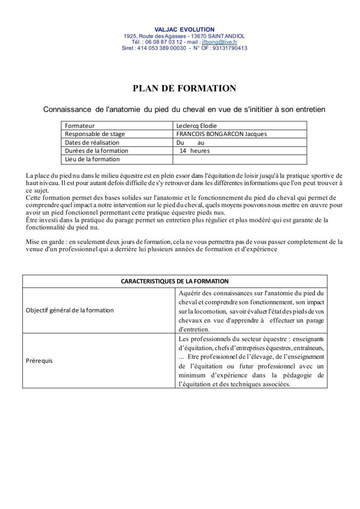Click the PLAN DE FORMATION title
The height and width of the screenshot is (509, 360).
point(184,88)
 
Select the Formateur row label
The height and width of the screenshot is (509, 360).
point(80,126)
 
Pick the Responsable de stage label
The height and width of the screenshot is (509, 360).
point(95,134)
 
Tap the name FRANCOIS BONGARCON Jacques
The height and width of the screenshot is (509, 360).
point(221,134)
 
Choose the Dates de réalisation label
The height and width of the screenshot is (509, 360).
point(92,143)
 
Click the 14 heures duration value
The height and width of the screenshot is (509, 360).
point(194,151)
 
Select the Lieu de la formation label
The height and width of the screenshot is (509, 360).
point(92,159)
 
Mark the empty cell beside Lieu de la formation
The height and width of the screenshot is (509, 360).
point(240,159)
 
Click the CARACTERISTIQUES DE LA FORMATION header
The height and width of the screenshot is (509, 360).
point(175,281)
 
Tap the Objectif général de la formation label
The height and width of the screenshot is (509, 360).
point(70,310)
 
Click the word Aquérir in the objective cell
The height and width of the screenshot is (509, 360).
point(189,293)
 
